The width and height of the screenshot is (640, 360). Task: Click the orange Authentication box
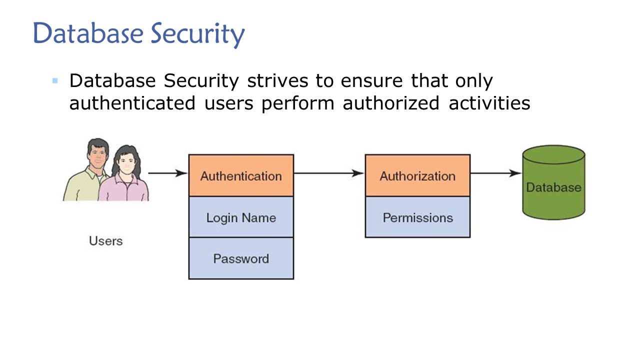(x=241, y=175)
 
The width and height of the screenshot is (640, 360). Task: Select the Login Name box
(x=241, y=217)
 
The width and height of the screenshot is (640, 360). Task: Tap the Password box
(x=241, y=258)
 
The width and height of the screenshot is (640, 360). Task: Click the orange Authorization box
(x=417, y=175)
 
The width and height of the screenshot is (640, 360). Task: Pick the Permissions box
(x=417, y=217)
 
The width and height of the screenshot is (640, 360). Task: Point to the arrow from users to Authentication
(x=168, y=173)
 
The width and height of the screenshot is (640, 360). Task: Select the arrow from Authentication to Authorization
(x=329, y=173)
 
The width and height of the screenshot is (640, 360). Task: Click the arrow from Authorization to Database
(x=495, y=173)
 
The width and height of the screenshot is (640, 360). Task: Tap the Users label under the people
(x=105, y=241)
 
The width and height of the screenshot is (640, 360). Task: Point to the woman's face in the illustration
(x=125, y=162)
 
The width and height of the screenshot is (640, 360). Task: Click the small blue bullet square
(x=55, y=80)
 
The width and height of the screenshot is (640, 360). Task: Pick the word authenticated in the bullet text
(x=132, y=103)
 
